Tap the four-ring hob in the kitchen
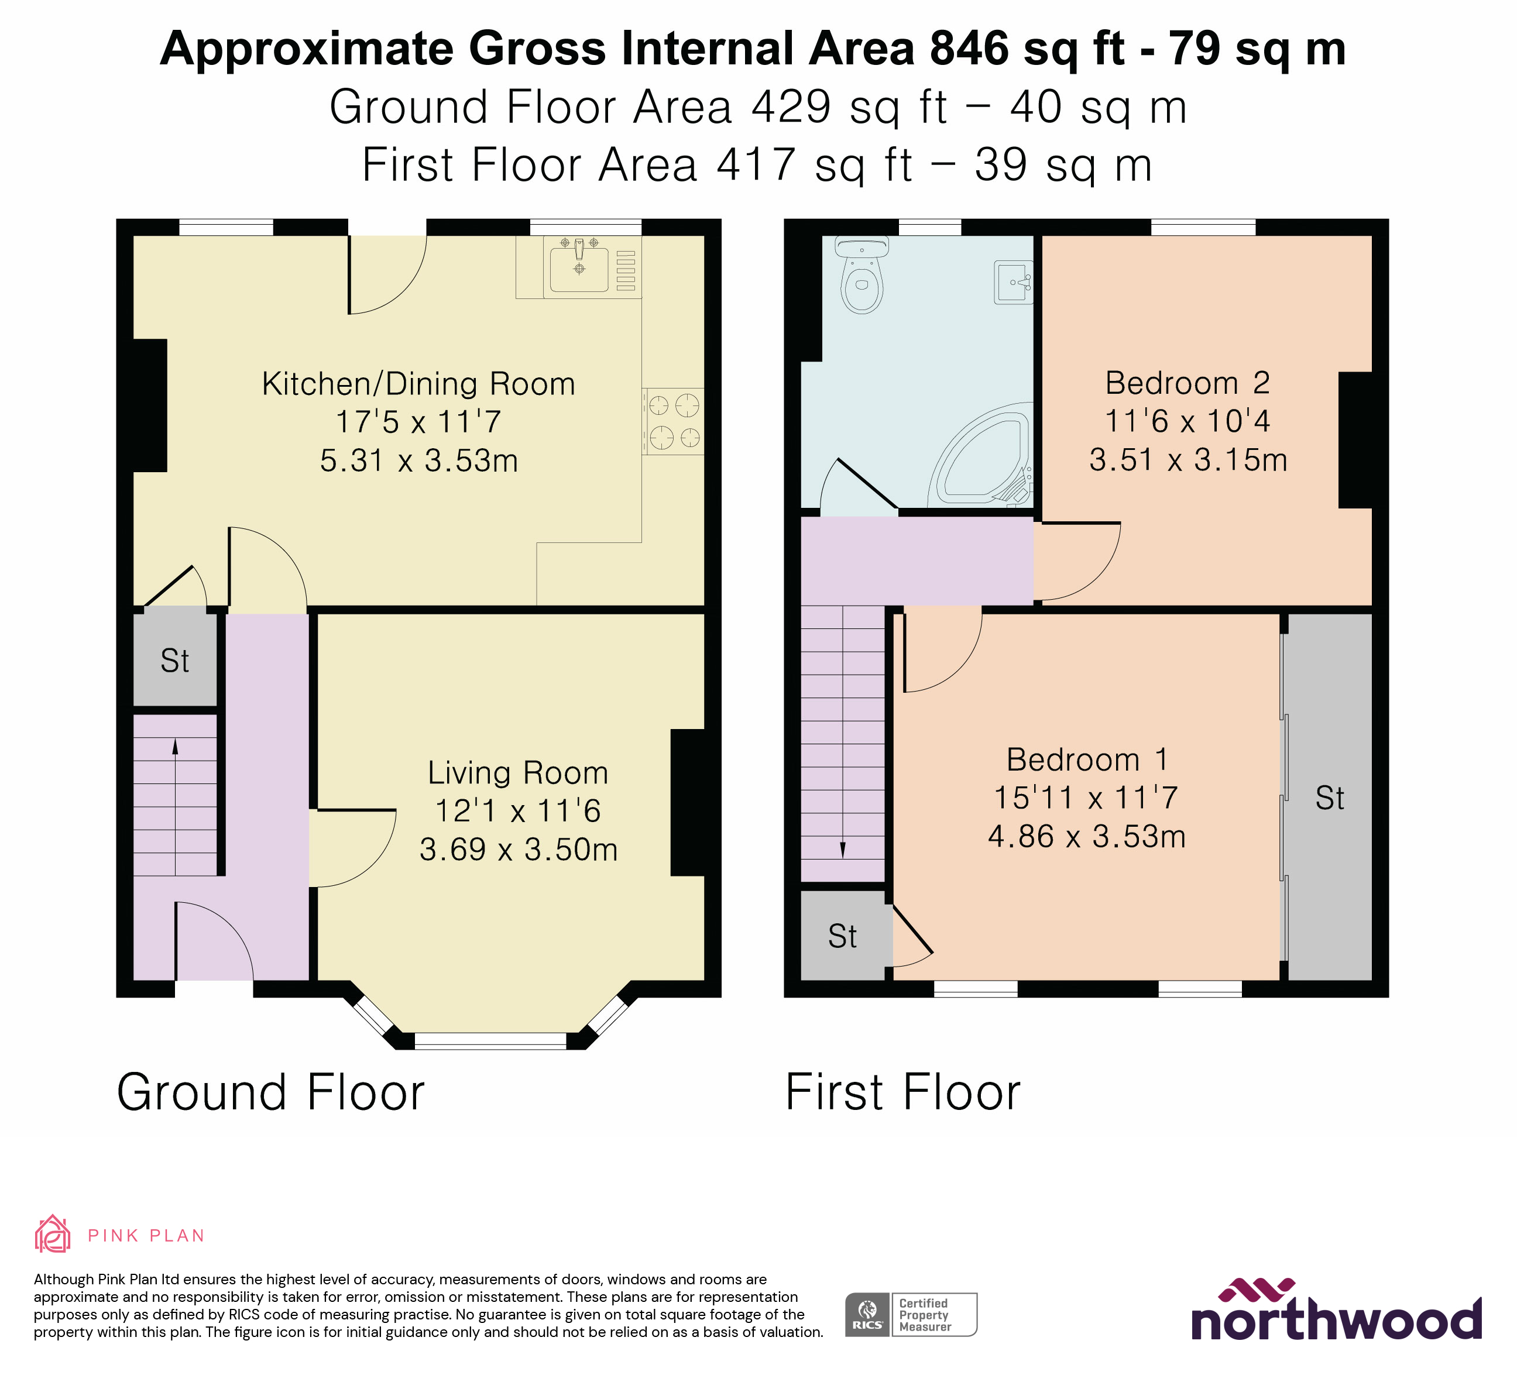[674, 421]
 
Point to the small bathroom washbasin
[1014, 282]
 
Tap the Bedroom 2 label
[1187, 384]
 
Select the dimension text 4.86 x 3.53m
[1087, 837]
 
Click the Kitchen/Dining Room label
[418, 384]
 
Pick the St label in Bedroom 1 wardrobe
[1330, 798]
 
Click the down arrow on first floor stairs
[843, 849]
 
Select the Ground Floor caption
[271, 1093]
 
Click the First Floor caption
[902, 1093]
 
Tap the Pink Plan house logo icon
[52, 1235]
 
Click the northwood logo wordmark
[1336, 1320]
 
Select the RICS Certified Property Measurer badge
[911, 1315]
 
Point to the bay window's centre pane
[490, 1040]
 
